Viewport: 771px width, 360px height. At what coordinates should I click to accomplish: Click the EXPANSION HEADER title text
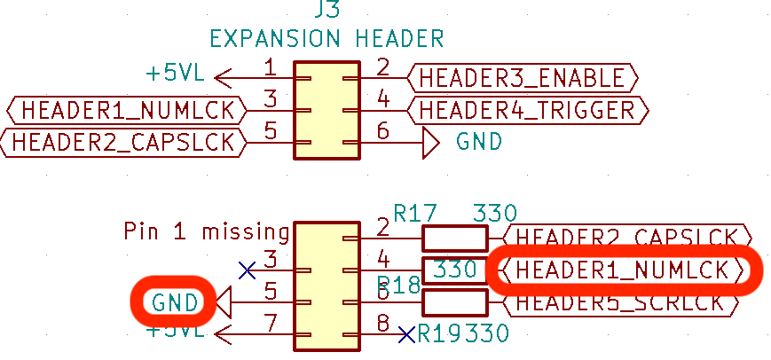pyautogui.click(x=326, y=39)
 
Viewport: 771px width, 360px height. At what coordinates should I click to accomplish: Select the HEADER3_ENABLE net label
pyautogui.click(x=522, y=78)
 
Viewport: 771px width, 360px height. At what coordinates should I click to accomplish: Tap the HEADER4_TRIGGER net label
pyautogui.click(x=527, y=110)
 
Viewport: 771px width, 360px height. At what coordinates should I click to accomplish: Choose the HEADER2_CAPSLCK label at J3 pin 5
pyautogui.click(x=123, y=142)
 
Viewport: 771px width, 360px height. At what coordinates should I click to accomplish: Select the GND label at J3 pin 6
pyautogui.click(x=479, y=142)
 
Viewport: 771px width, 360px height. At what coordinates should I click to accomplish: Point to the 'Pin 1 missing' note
pyautogui.click(x=207, y=232)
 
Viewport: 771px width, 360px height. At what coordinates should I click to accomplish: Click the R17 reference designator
pyautogui.click(x=416, y=213)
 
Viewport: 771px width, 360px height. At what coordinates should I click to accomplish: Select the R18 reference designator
pyautogui.click(x=398, y=285)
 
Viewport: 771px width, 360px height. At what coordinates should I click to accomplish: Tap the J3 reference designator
pyautogui.click(x=326, y=11)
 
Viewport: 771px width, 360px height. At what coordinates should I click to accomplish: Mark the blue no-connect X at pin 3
pyautogui.click(x=248, y=268)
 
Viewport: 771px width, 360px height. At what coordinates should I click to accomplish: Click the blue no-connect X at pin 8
pyautogui.click(x=406, y=335)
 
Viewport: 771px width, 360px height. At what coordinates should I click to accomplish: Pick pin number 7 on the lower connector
pyautogui.click(x=270, y=323)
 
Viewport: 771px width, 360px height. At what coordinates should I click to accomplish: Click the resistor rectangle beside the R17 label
pyautogui.click(x=454, y=238)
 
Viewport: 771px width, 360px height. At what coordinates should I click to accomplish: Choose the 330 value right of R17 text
pyautogui.click(x=495, y=213)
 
